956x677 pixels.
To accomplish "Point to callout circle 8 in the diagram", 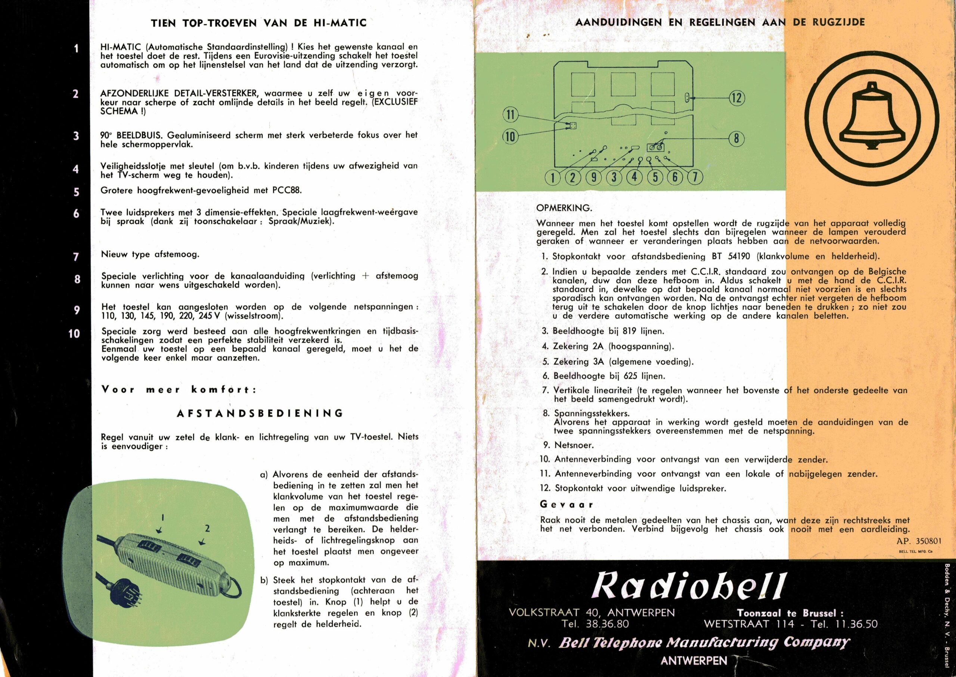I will [x=736, y=138].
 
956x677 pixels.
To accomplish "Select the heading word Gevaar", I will [x=566, y=504].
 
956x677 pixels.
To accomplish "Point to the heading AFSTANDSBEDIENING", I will [x=260, y=414].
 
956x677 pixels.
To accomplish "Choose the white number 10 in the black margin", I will [x=74, y=334].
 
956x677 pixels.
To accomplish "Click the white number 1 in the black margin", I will [x=76, y=48].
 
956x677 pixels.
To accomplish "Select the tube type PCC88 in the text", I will [x=286, y=191].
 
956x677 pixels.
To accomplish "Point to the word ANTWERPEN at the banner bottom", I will [x=693, y=660].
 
